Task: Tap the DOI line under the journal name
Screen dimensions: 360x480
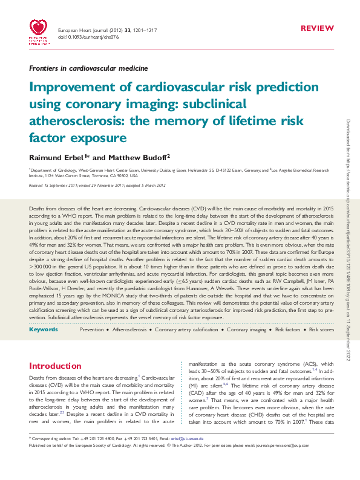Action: (80, 37)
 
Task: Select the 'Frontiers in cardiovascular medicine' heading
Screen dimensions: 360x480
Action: (88, 68)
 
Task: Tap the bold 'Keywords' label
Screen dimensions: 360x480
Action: (44, 329)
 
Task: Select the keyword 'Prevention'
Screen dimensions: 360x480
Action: (91, 329)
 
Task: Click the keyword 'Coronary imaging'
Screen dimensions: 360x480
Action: (246, 329)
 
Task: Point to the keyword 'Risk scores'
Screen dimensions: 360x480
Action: (321, 329)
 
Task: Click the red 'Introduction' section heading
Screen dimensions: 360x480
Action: (55, 366)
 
